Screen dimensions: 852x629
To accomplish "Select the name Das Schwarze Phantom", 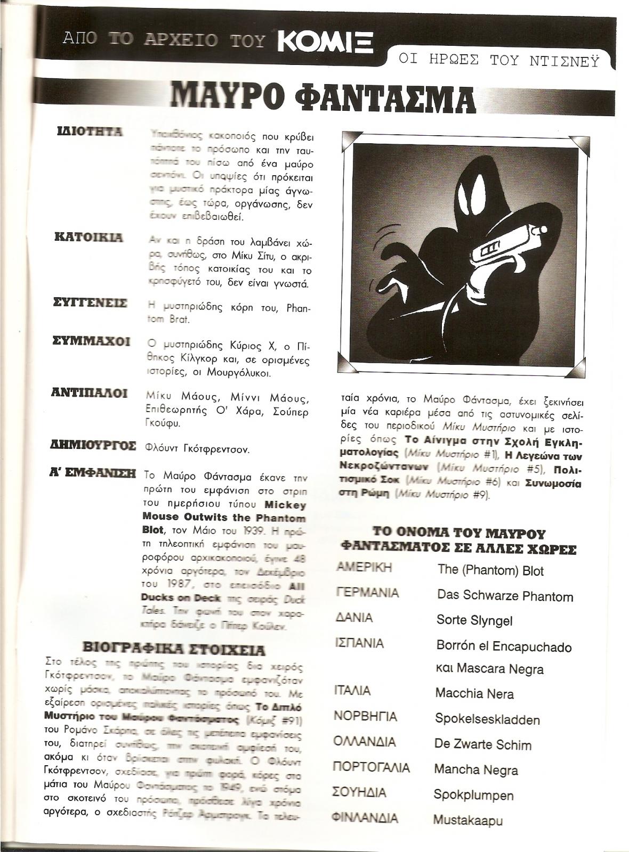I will click(505, 595).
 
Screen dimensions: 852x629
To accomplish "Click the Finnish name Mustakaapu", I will click(467, 820).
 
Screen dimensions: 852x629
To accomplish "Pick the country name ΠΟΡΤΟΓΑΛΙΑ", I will click(372, 768).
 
